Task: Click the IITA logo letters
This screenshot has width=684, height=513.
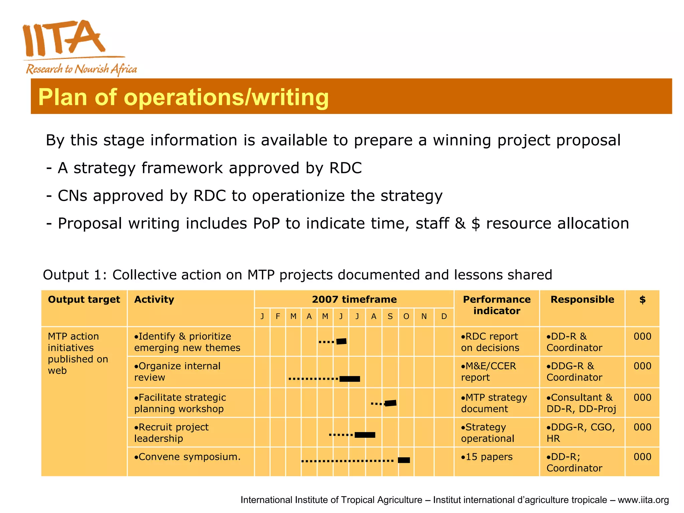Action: [x=63, y=38]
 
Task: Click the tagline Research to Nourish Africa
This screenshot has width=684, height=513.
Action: [x=81, y=69]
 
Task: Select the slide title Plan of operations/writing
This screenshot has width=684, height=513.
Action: [x=183, y=97]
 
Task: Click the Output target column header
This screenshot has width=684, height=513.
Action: [x=84, y=300]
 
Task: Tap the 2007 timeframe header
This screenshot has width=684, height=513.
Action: [x=354, y=300]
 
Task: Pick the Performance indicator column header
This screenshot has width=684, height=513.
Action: [x=497, y=305]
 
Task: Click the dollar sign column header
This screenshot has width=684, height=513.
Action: [x=642, y=300]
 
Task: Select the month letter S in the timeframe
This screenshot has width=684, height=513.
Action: [x=390, y=316]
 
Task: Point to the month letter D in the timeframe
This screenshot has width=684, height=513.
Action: [x=444, y=316]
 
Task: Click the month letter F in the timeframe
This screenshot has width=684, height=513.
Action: [x=278, y=316]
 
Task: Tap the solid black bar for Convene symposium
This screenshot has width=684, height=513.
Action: [x=404, y=460]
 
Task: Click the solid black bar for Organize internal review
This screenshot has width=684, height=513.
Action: [x=350, y=379]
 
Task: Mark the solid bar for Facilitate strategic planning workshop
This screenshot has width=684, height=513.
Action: [x=390, y=403]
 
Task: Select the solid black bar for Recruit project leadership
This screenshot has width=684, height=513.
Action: [x=365, y=435]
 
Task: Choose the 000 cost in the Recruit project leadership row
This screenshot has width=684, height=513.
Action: [x=642, y=427]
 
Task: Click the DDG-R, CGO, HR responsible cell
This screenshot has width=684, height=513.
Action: [x=580, y=433]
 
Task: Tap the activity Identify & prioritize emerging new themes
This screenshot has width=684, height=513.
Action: [x=187, y=342]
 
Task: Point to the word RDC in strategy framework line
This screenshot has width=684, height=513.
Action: [x=345, y=168]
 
